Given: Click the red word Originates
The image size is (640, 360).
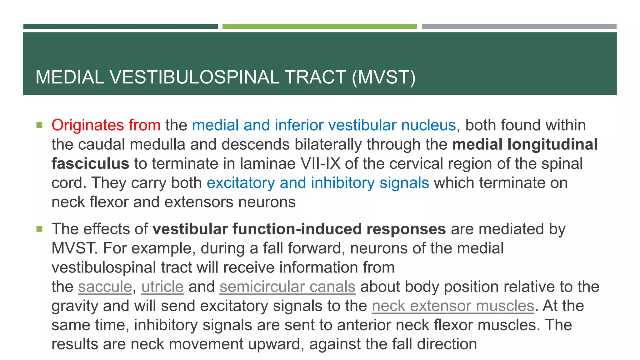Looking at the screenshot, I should click(88, 125).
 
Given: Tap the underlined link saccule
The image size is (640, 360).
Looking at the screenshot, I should click(105, 287).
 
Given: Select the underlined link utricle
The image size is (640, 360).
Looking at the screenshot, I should click(162, 287).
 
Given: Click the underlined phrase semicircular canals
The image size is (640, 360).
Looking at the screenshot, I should click(287, 287).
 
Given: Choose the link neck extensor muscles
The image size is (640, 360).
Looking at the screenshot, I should click(453, 306).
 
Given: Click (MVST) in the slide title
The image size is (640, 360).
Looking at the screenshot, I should click(383, 77).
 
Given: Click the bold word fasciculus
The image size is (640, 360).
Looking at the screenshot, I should click(90, 164).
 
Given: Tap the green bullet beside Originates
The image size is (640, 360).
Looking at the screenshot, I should click(39, 125).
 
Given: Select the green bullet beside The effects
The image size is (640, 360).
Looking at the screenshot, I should click(39, 229).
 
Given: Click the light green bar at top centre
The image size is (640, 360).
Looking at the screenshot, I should click(319, 27).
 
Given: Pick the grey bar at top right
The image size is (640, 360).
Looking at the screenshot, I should click(519, 27).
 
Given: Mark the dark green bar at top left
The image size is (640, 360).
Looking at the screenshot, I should click(120, 27).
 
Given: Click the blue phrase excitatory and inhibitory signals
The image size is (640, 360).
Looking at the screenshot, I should click(317, 183).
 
